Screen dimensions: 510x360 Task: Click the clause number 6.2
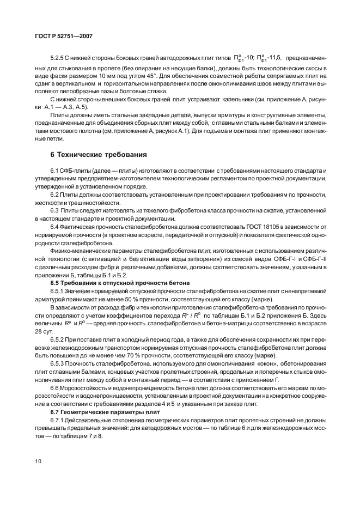pos(56,195)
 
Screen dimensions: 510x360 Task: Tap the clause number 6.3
pos(56,210)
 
